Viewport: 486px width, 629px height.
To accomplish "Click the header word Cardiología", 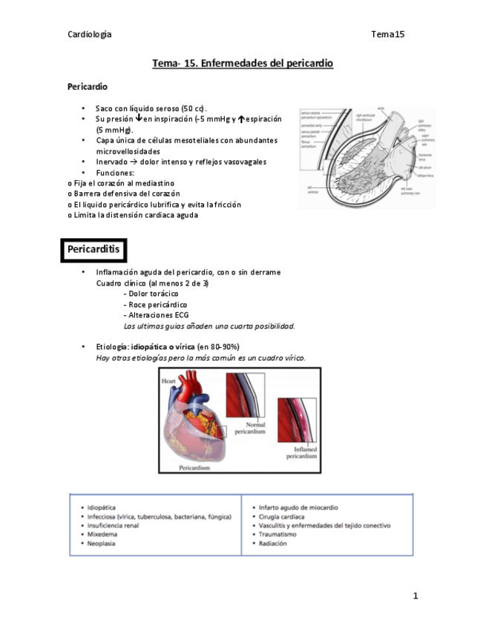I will pyautogui.click(x=90, y=34).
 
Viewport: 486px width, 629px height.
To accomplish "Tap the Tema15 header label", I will pyautogui.click(x=387, y=34).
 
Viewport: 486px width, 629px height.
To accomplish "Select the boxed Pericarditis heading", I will pyautogui.click(x=93, y=250).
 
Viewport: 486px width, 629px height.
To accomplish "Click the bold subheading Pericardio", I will pyautogui.click(x=88, y=87).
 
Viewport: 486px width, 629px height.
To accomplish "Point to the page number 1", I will pyautogui.click(x=416, y=596).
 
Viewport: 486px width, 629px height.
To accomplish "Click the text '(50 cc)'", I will pyautogui.click(x=194, y=108).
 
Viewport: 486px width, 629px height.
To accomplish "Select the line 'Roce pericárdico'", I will pyautogui.click(x=157, y=304).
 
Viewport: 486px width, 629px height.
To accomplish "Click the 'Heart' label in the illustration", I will pyautogui.click(x=168, y=381).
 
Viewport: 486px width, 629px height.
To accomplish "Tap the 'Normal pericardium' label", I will pyautogui.click(x=249, y=427).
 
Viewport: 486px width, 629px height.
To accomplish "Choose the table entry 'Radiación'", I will pyautogui.click(x=273, y=543).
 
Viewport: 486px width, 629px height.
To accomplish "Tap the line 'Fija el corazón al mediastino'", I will pyautogui.click(x=123, y=182).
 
